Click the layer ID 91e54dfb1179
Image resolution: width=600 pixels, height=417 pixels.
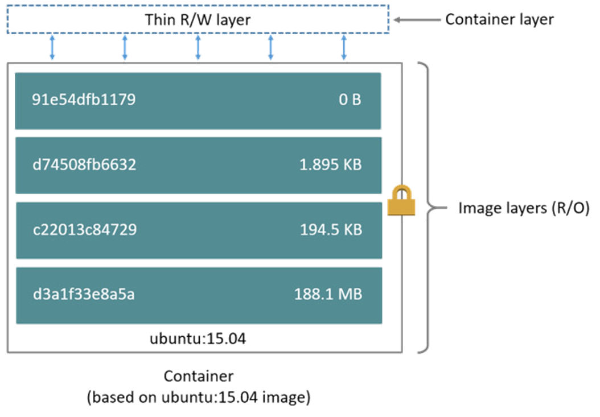pyautogui.click(x=84, y=100)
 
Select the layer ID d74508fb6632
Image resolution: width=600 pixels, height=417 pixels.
pyautogui.click(x=84, y=165)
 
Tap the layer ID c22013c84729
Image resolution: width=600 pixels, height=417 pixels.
pyautogui.click(x=84, y=230)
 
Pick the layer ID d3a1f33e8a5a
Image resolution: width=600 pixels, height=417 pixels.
pyautogui.click(x=84, y=295)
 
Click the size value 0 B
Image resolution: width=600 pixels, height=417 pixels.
pyautogui.click(x=350, y=100)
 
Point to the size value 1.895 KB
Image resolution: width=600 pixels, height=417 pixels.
pyautogui.click(x=330, y=165)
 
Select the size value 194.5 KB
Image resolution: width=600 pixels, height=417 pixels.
pyautogui.click(x=331, y=230)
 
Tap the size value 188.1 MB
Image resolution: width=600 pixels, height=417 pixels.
pyautogui.click(x=328, y=295)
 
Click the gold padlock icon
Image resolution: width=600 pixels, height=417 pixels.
pyautogui.click(x=401, y=201)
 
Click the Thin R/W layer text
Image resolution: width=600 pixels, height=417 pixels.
pyautogui.click(x=198, y=20)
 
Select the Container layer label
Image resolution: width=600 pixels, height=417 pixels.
pyautogui.click(x=499, y=19)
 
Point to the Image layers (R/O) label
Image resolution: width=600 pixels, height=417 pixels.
pyautogui.click(x=524, y=208)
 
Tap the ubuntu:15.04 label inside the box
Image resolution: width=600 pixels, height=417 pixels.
pyautogui.click(x=198, y=338)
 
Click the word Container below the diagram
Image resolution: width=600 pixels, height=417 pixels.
pyautogui.click(x=199, y=376)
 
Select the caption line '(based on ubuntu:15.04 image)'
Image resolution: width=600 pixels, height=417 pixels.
pyautogui.click(x=199, y=397)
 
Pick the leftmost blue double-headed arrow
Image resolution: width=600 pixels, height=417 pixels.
pyautogui.click(x=52, y=47)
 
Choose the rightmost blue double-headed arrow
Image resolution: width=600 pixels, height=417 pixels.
pyautogui.click(x=344, y=47)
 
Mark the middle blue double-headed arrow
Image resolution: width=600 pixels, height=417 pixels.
pyautogui.click(x=198, y=47)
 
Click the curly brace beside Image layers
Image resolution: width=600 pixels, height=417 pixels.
pyautogui.click(x=426, y=208)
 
